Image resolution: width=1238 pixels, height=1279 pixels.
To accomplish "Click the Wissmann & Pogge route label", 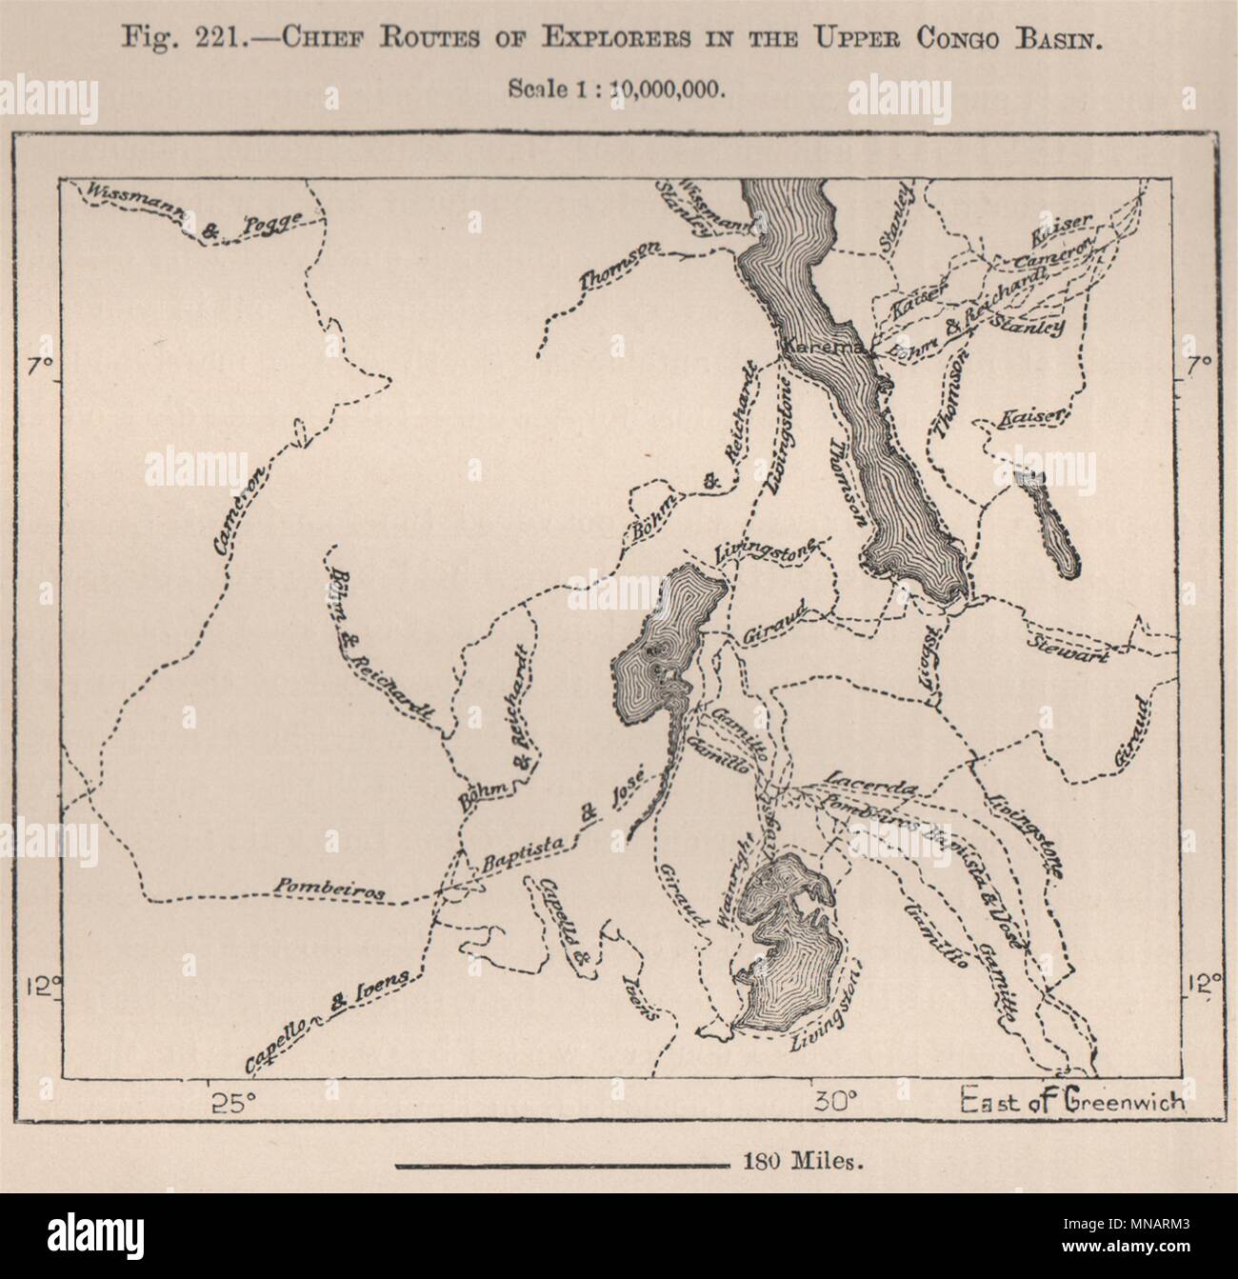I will (x=194, y=211).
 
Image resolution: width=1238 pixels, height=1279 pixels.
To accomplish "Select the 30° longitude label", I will (x=838, y=1102).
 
